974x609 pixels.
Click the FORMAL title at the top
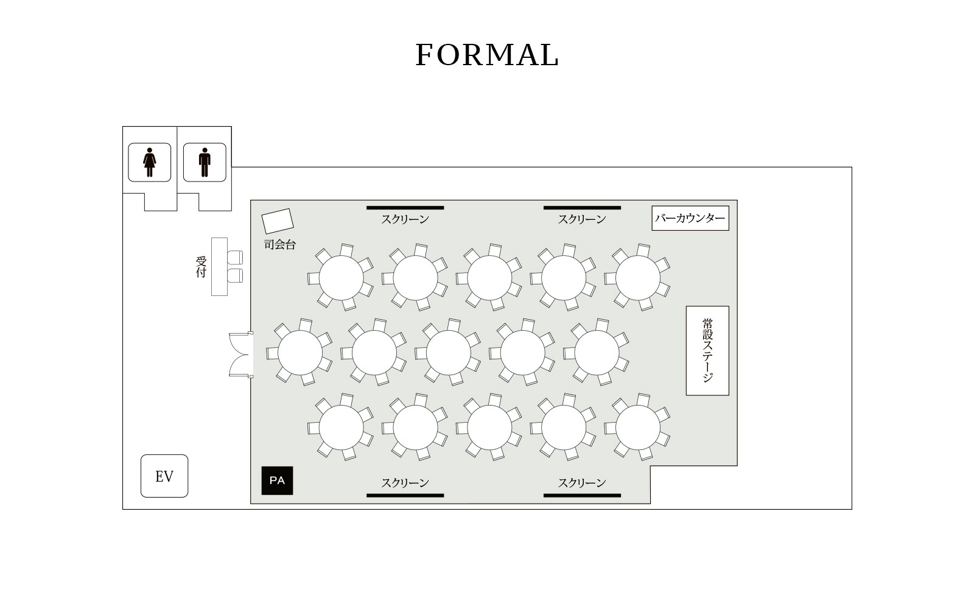point(487,55)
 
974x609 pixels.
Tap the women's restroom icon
point(150,162)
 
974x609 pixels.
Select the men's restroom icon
point(205,162)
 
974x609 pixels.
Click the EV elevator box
point(164,476)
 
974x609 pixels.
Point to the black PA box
point(277,481)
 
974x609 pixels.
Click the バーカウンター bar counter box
point(690,218)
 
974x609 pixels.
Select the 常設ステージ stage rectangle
point(707,351)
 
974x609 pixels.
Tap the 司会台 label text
point(279,244)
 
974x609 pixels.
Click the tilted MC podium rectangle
point(278,221)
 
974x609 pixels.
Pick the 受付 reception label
point(201,267)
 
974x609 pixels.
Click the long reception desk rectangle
point(220,267)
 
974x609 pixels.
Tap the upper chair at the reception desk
point(235,258)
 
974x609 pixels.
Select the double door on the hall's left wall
point(241,354)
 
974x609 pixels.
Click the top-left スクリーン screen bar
point(405,208)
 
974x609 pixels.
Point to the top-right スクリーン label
point(582,219)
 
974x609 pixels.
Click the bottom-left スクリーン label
point(405,482)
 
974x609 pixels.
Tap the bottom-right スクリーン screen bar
point(582,496)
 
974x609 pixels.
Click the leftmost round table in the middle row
point(300,353)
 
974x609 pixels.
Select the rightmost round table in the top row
point(638,278)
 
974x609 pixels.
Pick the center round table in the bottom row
point(489,428)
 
